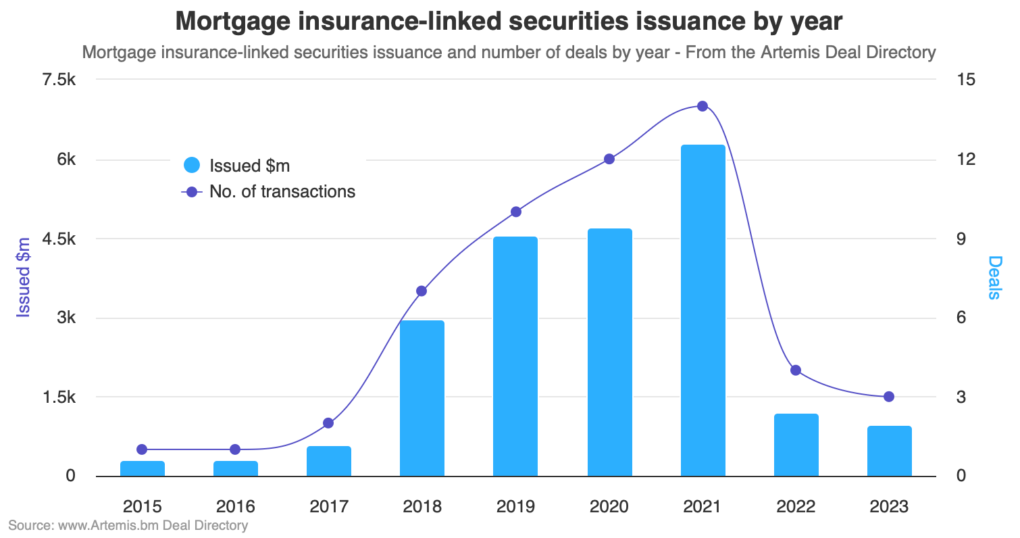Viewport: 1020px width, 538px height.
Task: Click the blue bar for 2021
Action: click(703, 311)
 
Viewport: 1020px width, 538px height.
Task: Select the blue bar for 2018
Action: click(422, 399)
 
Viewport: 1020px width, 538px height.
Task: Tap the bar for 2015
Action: click(142, 468)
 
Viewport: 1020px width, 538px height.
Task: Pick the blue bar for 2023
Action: click(889, 451)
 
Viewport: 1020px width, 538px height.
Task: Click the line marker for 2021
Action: click(703, 106)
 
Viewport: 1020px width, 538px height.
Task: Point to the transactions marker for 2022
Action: click(796, 370)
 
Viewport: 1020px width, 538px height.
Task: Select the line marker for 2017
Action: click(328, 423)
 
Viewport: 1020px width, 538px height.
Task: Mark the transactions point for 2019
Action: click(516, 212)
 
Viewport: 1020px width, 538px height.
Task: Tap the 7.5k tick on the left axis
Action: click(59, 80)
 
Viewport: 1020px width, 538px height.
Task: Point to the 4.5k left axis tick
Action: click(59, 239)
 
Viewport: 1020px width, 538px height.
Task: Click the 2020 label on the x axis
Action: click(609, 507)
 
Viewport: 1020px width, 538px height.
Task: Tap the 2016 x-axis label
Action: click(235, 507)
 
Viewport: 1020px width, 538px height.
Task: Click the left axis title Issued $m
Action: click(24, 277)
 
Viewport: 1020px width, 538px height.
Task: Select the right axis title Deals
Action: click(994, 277)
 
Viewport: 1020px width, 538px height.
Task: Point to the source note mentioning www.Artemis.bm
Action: click(128, 525)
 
